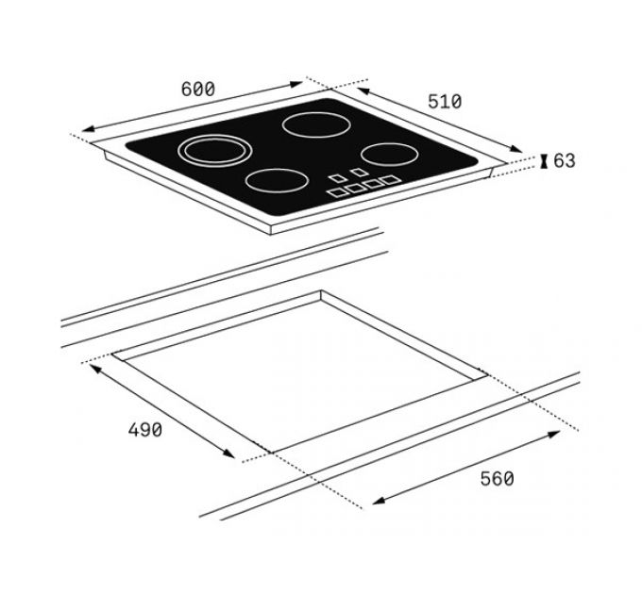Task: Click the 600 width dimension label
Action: tap(197, 89)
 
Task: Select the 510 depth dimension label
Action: tap(444, 101)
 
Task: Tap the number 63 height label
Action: tap(564, 161)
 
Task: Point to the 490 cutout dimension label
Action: tap(144, 430)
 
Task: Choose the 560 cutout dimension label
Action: tap(497, 479)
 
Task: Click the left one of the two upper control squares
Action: tap(336, 176)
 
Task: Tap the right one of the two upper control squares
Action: tap(359, 173)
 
